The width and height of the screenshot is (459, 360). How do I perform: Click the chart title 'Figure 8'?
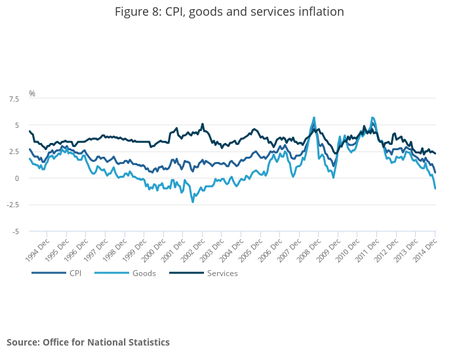229,12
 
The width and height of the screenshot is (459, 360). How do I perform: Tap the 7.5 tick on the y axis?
13,98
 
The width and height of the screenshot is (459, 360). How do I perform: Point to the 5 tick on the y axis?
16,125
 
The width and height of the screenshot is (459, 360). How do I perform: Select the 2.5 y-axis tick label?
13,151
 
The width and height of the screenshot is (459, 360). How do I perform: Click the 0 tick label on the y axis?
16,178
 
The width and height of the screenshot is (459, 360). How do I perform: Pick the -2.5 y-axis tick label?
12,205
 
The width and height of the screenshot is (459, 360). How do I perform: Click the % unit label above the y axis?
31,94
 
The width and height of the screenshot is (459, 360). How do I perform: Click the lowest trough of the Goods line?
193,202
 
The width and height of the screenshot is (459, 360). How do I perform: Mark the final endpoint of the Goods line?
435,189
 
